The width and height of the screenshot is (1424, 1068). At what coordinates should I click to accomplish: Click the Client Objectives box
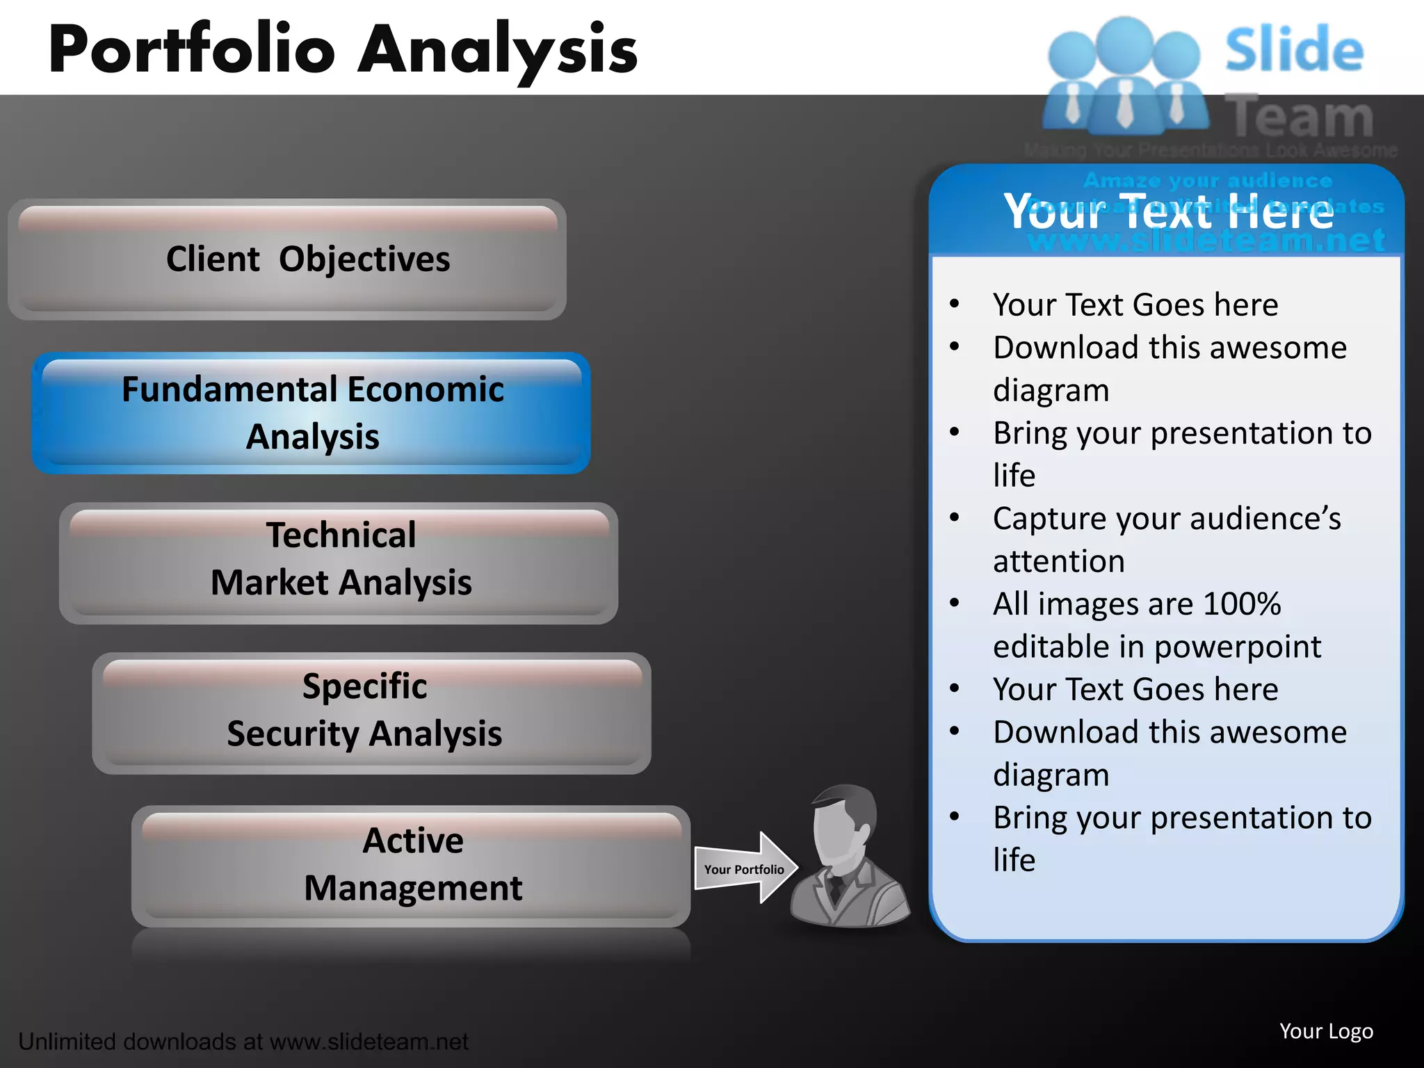(287, 259)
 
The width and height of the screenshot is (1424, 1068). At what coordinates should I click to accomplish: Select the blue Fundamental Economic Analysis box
(311, 413)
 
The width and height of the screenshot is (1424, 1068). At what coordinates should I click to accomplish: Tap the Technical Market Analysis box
(339, 562)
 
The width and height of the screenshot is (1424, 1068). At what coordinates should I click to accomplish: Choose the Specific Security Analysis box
(372, 713)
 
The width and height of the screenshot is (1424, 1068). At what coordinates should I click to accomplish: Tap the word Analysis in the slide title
(497, 50)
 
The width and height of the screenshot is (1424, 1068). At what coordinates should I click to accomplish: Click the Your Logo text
(1326, 1031)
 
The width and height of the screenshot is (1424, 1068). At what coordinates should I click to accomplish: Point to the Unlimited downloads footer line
(243, 1042)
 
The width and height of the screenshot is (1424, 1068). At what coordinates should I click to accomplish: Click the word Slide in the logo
(1294, 50)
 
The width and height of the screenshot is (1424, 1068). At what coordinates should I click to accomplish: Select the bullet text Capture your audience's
(1167, 519)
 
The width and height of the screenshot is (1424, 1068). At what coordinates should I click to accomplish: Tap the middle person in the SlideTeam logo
(1124, 76)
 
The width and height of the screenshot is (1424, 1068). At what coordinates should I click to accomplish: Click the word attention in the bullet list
(1058, 561)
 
